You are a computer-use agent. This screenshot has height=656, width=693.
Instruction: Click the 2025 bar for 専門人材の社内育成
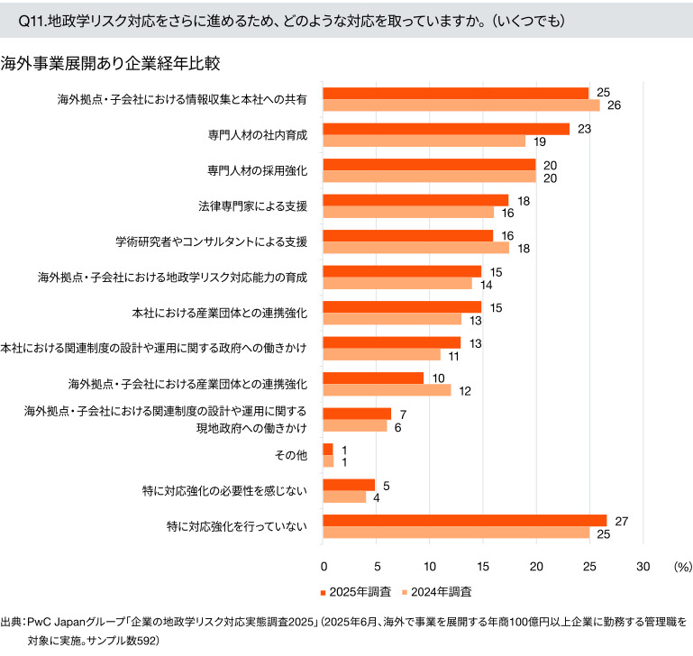(x=446, y=129)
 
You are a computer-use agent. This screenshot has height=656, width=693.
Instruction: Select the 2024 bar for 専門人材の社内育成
(x=424, y=141)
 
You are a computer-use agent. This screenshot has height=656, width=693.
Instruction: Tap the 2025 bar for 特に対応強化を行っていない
(x=465, y=520)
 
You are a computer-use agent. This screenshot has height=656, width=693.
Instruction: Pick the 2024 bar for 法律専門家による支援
(x=408, y=212)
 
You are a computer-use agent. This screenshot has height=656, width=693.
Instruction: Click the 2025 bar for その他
(x=328, y=449)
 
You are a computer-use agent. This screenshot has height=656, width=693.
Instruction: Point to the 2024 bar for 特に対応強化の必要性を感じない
(x=344, y=497)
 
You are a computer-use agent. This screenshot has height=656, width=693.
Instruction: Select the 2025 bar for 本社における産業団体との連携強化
(x=402, y=306)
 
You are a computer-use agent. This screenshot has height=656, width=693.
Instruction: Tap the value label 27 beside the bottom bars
(x=621, y=520)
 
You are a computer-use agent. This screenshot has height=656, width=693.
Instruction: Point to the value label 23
(x=583, y=129)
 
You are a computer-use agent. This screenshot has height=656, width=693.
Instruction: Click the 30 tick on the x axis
(x=643, y=567)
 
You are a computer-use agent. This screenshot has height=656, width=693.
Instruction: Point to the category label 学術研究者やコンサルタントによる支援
(x=211, y=241)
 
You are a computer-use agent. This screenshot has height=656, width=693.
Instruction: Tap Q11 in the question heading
(x=31, y=20)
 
